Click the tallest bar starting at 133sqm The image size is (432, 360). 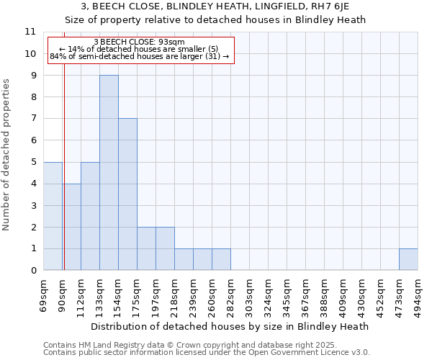click(109, 173)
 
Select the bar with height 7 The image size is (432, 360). click(127, 194)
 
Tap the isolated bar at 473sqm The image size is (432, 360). click(408, 259)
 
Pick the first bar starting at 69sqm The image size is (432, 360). click(53, 216)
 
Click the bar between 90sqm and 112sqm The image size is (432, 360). click(71, 227)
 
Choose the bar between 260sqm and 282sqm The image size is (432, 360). click(221, 259)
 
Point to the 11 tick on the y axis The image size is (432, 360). click(30, 32)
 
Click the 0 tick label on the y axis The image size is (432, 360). click(33, 270)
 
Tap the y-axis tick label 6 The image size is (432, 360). click(33, 140)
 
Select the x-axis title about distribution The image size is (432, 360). click(230, 326)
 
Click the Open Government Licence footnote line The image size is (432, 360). click(207, 353)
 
